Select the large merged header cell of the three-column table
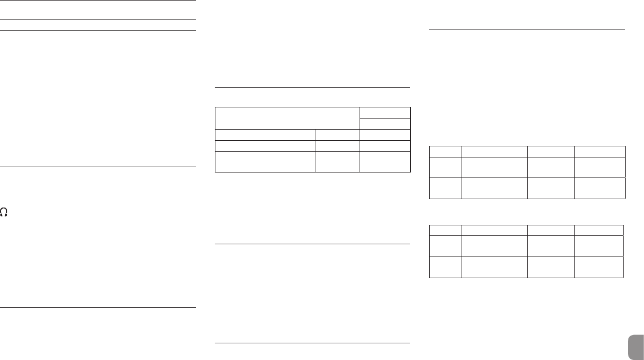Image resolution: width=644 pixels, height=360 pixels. (x=287, y=118)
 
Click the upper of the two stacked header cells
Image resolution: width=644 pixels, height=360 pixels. (x=385, y=112)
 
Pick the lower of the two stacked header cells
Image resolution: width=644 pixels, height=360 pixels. (x=385, y=124)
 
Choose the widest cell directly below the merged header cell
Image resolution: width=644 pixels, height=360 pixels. (x=265, y=134)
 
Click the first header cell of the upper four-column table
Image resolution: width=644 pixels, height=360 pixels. (x=445, y=151)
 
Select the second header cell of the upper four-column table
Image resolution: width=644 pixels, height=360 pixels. (x=494, y=151)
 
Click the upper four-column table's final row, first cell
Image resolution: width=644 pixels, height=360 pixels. (x=445, y=188)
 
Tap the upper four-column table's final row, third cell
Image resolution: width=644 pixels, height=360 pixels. (x=551, y=188)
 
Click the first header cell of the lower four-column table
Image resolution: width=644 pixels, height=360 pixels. (x=445, y=230)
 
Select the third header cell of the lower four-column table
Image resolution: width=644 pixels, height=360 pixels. (x=551, y=230)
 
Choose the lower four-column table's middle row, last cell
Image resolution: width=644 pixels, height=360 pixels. (x=599, y=245)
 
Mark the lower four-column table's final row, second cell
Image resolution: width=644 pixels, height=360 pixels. (x=494, y=267)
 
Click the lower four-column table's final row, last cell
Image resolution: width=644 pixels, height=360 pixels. (x=599, y=267)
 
